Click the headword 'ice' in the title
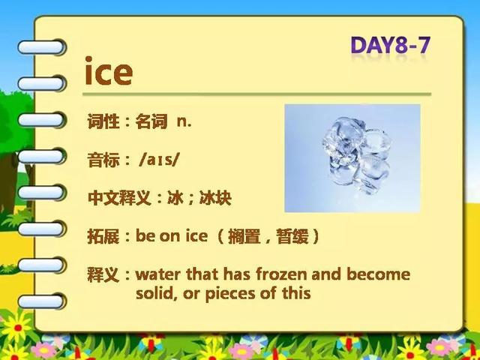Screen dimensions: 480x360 [x=108, y=70]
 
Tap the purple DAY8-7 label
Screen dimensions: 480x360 [x=390, y=45]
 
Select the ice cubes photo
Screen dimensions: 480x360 [x=352, y=158]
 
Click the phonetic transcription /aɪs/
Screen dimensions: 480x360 [x=158, y=160]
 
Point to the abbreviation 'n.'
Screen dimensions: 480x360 [x=184, y=122]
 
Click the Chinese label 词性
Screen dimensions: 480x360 [x=103, y=121]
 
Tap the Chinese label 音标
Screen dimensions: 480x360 [x=103, y=160]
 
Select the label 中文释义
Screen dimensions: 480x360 [x=119, y=198]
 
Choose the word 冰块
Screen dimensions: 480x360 [x=215, y=198]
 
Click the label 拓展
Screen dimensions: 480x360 [x=103, y=236]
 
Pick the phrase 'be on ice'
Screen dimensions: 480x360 [x=172, y=235]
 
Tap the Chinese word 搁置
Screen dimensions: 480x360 [x=244, y=236]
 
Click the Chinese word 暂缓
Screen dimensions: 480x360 [x=292, y=236]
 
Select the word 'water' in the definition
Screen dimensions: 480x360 [x=157, y=274]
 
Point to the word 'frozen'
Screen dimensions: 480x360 [x=281, y=274]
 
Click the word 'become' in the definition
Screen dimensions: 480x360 [x=378, y=274]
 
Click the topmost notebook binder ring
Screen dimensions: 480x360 [x=41, y=47]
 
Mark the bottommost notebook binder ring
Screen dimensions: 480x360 [x=41, y=301]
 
